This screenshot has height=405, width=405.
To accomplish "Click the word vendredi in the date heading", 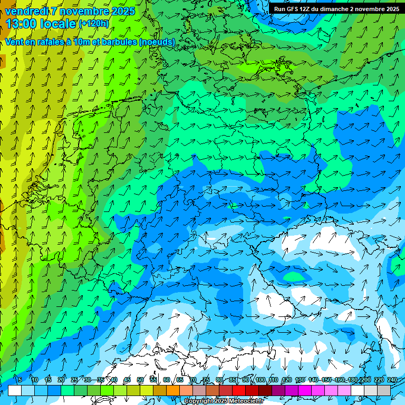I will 26,11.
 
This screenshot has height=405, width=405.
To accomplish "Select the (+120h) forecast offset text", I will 93,24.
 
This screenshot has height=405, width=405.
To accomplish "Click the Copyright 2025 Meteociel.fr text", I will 224,401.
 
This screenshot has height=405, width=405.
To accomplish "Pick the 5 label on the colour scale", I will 20,380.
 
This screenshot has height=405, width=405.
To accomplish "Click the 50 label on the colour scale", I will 140,380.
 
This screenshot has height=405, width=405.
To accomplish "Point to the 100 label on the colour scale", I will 260,380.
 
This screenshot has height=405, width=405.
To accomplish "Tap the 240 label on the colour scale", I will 393,380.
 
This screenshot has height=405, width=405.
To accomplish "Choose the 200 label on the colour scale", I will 366,380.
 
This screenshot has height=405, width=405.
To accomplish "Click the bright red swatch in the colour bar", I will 240,390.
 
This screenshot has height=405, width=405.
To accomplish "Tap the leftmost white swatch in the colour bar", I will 15,390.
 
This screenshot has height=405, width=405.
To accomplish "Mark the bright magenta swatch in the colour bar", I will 306,390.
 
